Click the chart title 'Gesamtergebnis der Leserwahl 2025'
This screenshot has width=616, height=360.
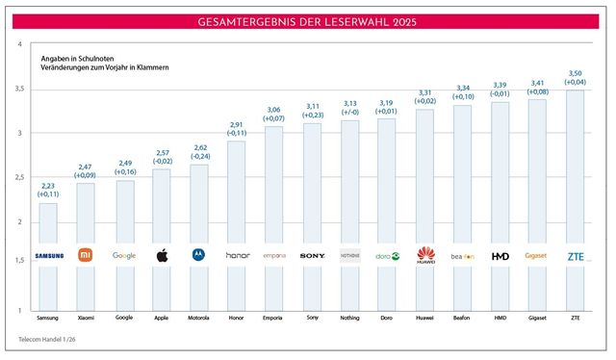308,21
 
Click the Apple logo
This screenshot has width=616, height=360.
162,256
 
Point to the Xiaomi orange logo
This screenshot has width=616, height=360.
86,256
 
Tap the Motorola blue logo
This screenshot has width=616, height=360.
199,256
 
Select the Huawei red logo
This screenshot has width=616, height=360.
424,256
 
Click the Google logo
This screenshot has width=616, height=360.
124,256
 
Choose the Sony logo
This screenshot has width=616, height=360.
312,256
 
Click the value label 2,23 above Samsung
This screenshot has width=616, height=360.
48,184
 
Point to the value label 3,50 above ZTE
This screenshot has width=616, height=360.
575,72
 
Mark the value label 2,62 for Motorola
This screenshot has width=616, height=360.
199,145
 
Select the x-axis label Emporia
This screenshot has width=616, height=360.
274,317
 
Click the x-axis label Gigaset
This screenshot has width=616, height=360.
537,317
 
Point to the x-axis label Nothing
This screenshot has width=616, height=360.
349,317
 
